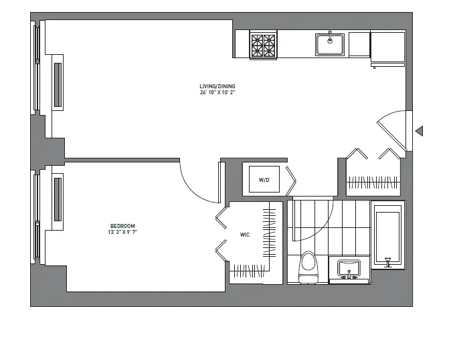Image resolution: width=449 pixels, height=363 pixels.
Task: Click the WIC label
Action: [x=244, y=235]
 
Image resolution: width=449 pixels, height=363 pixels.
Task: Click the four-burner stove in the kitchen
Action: [x=264, y=46]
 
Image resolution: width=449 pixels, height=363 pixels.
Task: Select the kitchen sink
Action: [x=330, y=44]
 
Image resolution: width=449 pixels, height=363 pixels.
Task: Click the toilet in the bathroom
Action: [x=308, y=266]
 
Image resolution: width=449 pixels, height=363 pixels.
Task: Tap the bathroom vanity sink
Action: [x=349, y=269]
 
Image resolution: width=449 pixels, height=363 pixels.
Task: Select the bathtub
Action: [x=387, y=237]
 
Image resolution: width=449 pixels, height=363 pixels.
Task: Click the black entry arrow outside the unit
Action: [x=420, y=131]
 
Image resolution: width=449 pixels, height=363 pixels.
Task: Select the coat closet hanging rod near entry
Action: [x=372, y=181]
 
